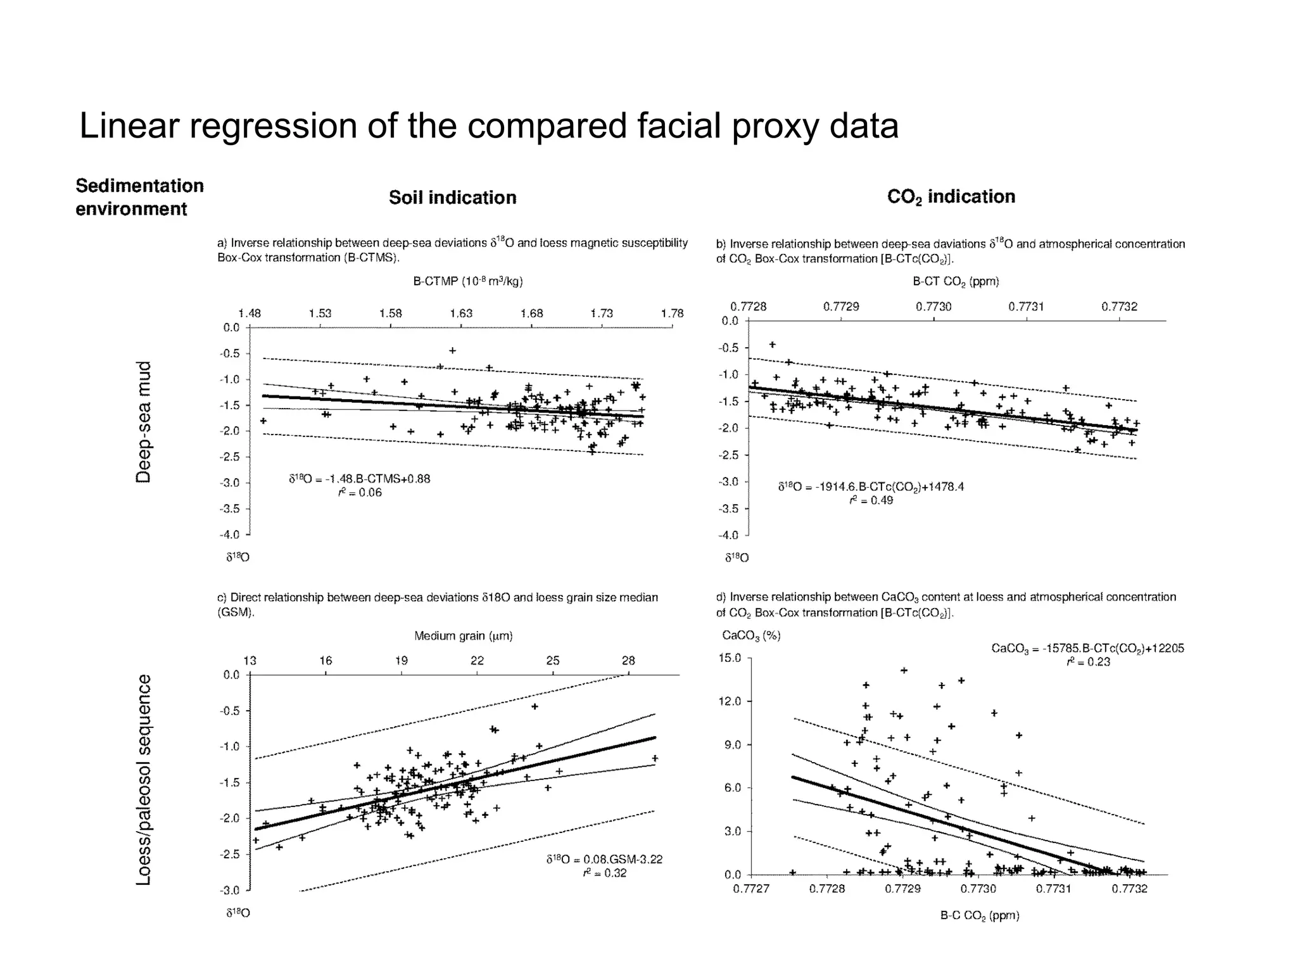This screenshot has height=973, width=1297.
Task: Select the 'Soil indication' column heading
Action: (452, 198)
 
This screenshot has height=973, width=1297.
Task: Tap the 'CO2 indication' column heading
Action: (951, 197)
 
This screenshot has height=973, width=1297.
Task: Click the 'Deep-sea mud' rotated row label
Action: (144, 422)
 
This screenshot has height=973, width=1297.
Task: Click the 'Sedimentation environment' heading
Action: (139, 197)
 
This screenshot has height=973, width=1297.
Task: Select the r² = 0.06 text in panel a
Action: (360, 493)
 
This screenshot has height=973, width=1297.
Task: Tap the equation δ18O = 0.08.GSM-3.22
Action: (604, 860)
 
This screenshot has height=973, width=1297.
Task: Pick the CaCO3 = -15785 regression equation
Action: (1087, 648)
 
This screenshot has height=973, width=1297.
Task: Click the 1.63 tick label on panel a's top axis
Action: (461, 313)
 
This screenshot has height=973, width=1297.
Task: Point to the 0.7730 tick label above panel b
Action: (933, 307)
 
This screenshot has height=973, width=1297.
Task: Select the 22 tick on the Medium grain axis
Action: (477, 661)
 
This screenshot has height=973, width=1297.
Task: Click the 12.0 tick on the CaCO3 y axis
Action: (730, 701)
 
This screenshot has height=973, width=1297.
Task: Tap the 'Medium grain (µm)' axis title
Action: (463, 635)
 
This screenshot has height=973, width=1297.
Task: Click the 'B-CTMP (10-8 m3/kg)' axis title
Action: (468, 281)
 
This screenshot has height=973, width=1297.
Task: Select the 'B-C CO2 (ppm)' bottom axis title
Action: (979, 915)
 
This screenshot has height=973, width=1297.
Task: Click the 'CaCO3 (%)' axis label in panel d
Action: (751, 635)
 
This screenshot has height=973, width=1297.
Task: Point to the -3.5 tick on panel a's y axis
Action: (230, 509)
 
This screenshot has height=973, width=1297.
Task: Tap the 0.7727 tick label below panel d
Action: (751, 889)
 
